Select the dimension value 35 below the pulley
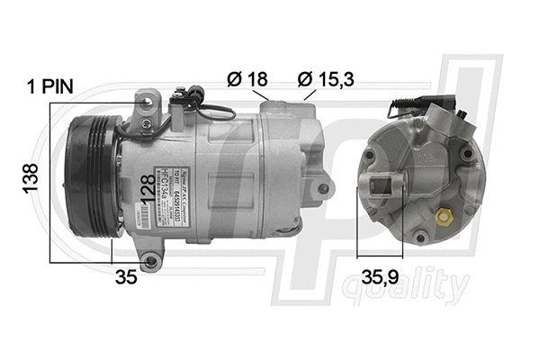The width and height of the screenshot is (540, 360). [127, 277]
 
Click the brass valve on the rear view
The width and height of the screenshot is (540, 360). [442, 217]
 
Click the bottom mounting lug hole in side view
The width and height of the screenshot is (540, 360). [151, 262]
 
